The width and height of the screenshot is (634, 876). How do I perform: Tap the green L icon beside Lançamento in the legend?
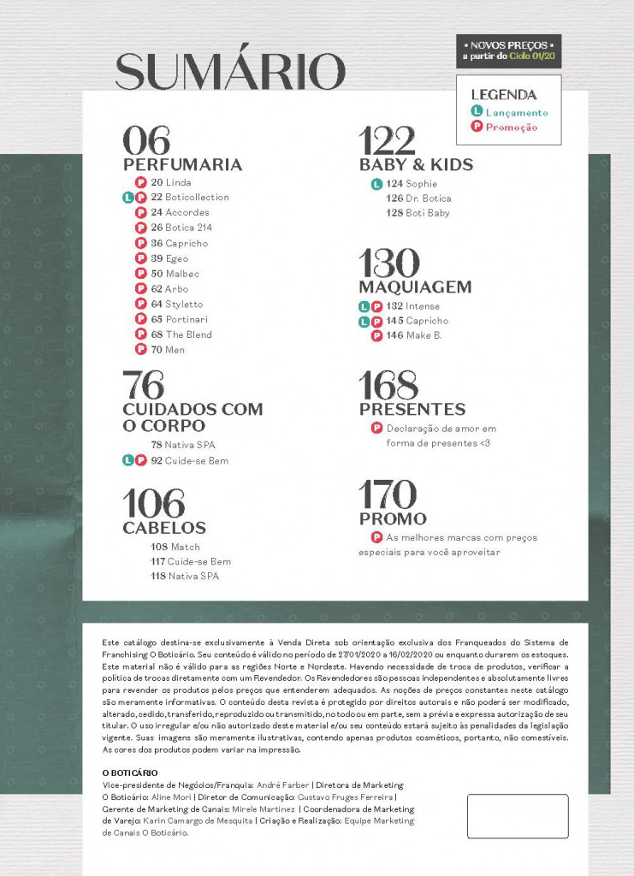tap(477, 112)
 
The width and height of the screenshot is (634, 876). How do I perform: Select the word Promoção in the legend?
tap(512, 127)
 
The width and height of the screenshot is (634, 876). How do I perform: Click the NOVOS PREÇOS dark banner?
tap(509, 50)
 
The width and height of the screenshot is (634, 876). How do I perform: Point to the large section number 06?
tap(146, 139)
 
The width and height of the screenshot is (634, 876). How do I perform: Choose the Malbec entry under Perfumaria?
tap(182, 274)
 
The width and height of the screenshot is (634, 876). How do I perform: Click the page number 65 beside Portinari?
tap(157, 319)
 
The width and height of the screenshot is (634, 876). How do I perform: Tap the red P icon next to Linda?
tap(140, 182)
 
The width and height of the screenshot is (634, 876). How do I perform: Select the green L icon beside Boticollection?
tap(128, 198)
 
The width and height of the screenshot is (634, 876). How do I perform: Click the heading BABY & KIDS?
tap(416, 164)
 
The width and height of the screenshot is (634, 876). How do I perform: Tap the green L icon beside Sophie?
tap(376, 184)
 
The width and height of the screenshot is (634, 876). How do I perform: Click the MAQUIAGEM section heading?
tap(416, 287)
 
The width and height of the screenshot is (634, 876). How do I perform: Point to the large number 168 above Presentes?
tap(388, 385)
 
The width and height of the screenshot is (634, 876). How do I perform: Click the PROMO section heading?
tap(393, 518)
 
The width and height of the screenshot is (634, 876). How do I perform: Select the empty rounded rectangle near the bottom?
tap(518, 815)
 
